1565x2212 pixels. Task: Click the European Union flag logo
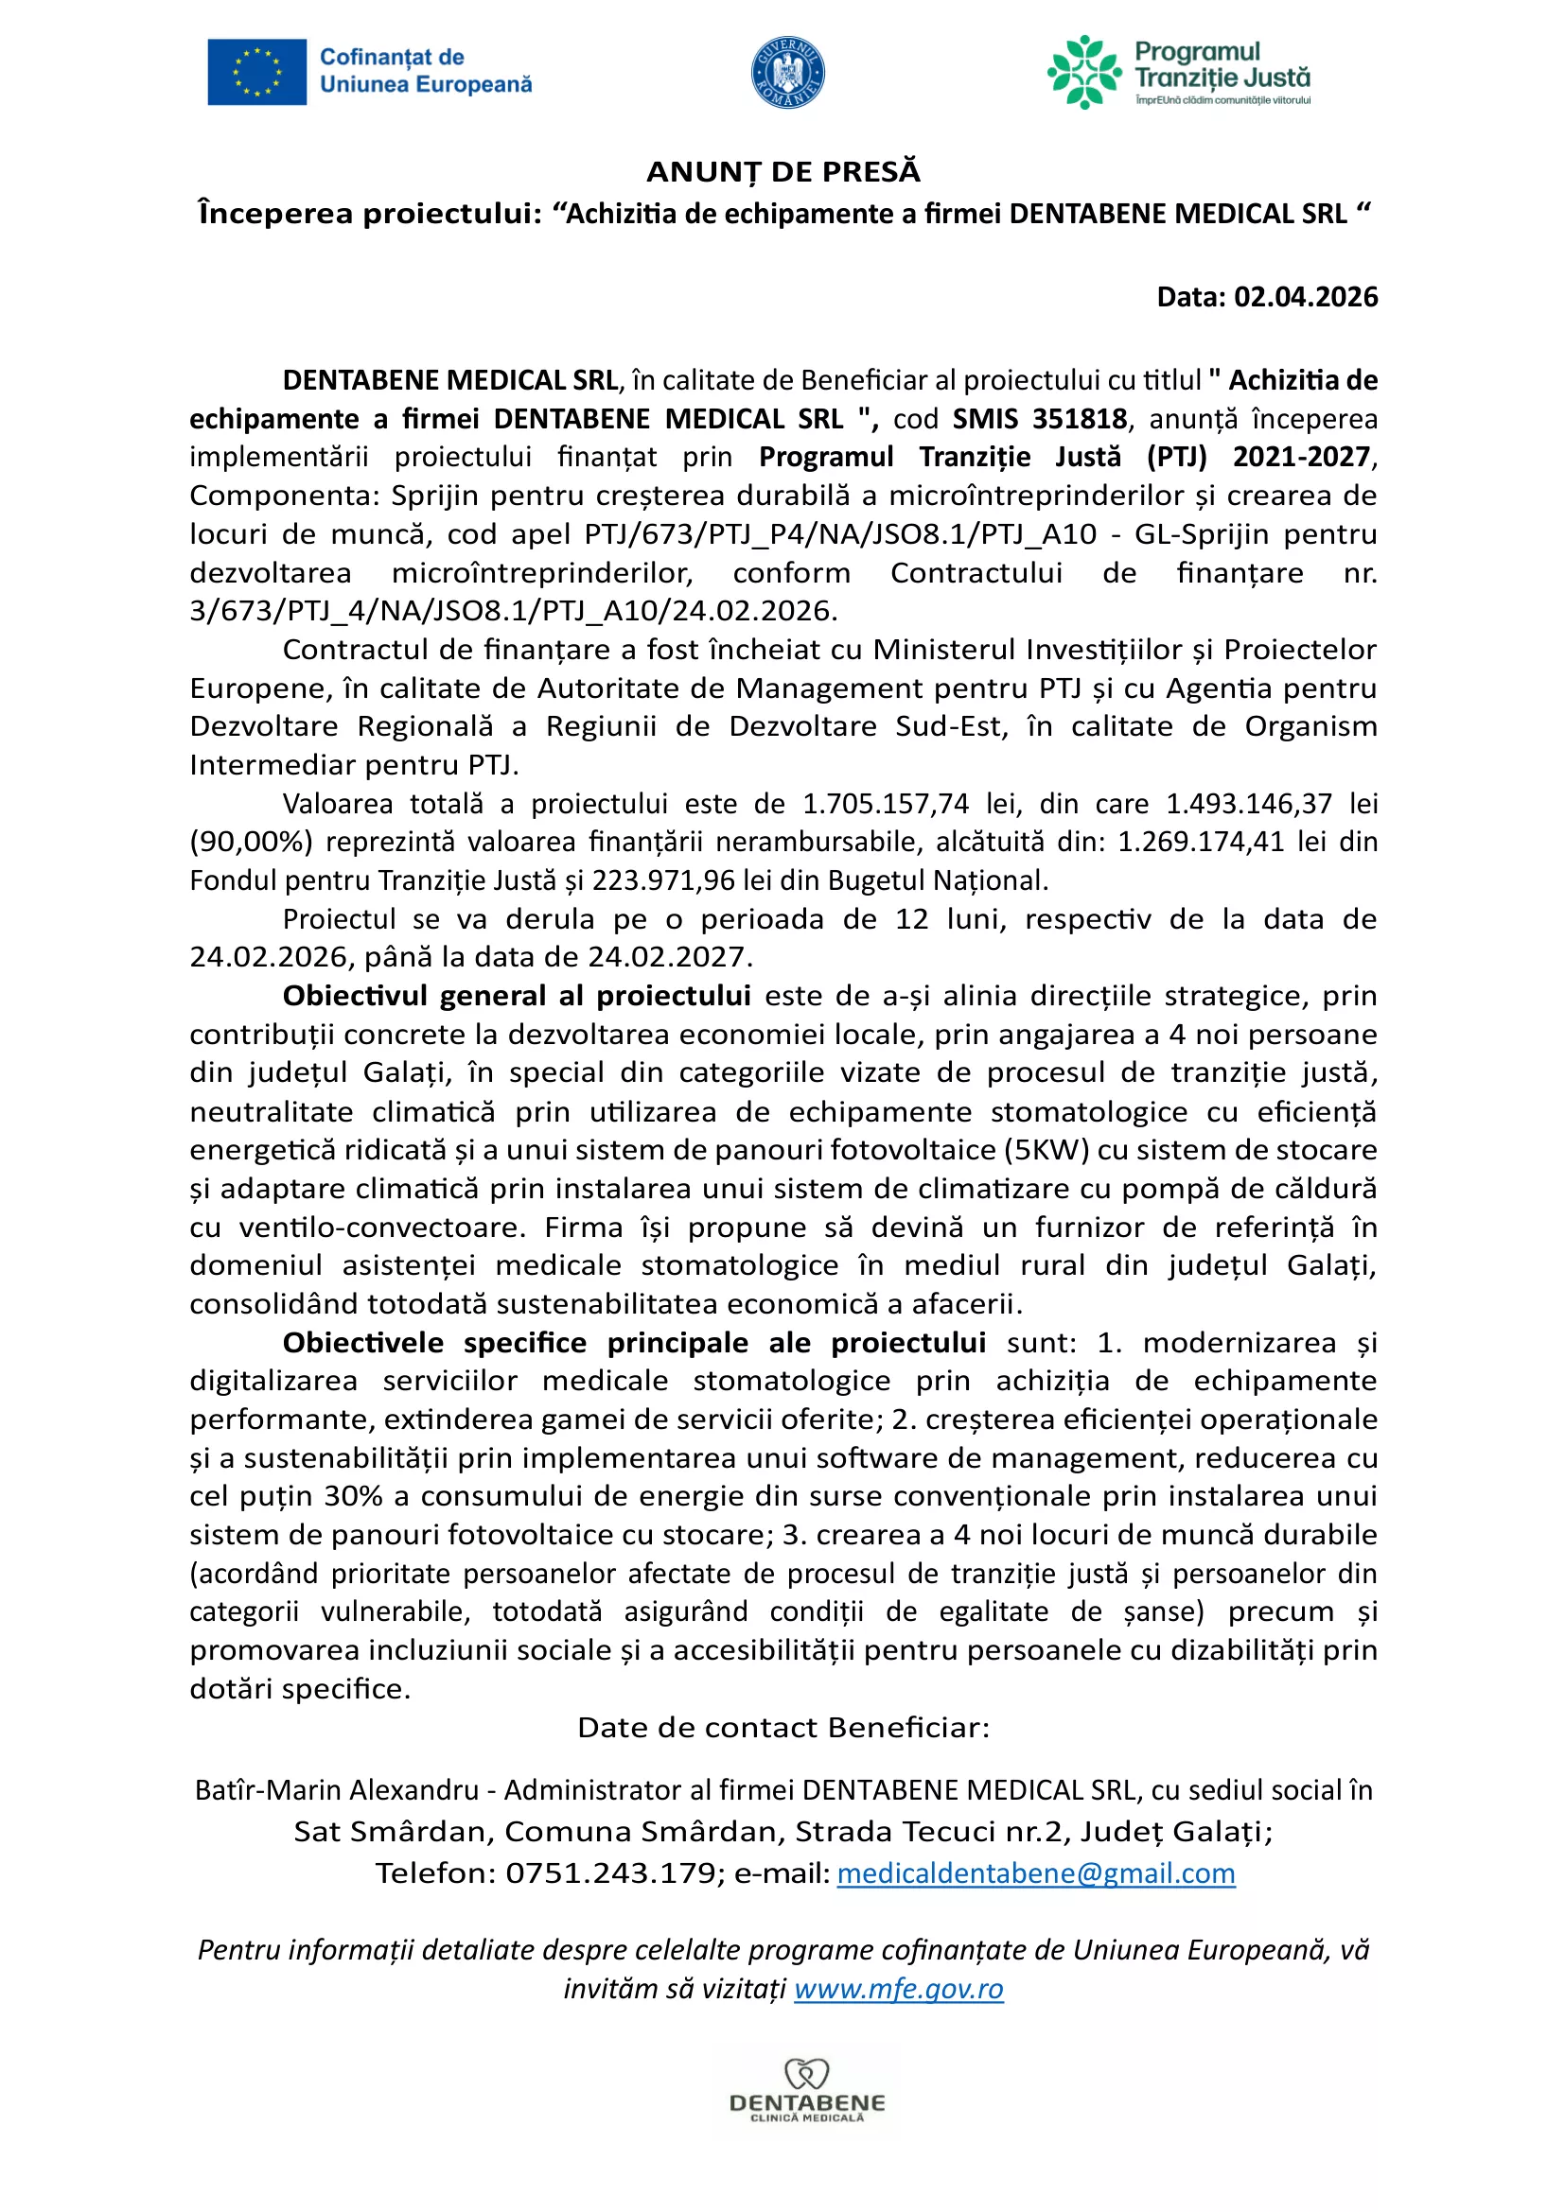pyautogui.click(x=256, y=72)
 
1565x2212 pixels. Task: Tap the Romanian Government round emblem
pyautogui.click(x=787, y=73)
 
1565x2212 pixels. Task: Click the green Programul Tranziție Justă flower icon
pyautogui.click(x=1084, y=72)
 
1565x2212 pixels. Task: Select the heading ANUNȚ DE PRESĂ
pyautogui.click(x=782, y=172)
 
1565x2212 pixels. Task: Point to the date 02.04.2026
pyautogui.click(x=1306, y=297)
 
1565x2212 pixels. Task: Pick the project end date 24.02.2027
pyautogui.click(x=667, y=957)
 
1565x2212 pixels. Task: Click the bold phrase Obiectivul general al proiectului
pyautogui.click(x=517, y=995)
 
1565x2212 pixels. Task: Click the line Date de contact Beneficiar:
pyautogui.click(x=782, y=1727)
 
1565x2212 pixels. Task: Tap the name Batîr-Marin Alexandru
pyautogui.click(x=336, y=1790)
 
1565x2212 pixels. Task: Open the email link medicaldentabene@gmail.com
pyautogui.click(x=1036, y=1872)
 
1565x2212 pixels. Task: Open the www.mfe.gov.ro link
pyautogui.click(x=898, y=1989)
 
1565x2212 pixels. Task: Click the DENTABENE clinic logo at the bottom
pyautogui.click(x=806, y=2092)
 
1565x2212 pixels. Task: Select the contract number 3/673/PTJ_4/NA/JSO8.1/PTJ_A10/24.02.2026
pyautogui.click(x=513, y=611)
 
